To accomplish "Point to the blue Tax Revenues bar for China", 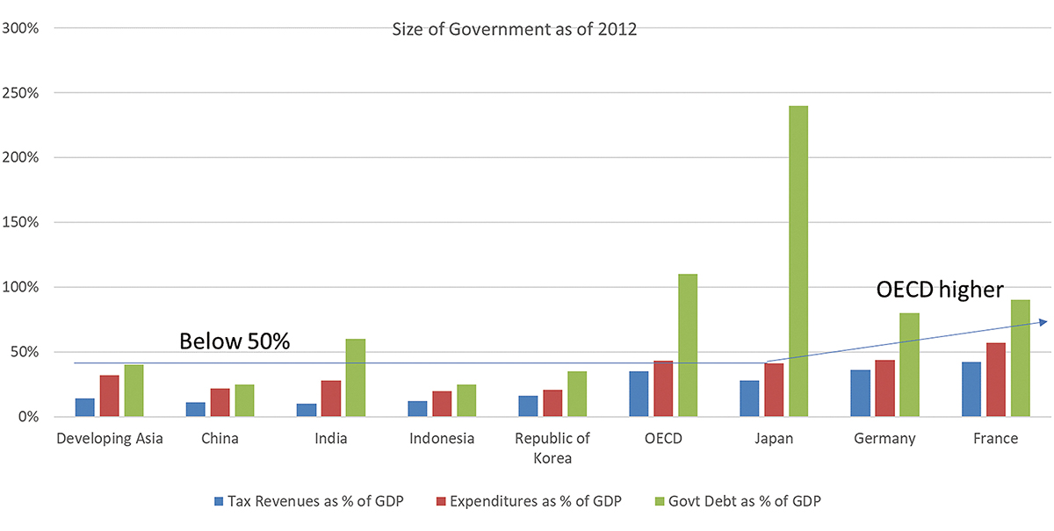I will (196, 409).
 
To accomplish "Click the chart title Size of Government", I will (515, 30).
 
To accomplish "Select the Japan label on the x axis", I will (774, 439).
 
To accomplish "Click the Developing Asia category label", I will (109, 439).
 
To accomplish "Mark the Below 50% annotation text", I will (235, 342).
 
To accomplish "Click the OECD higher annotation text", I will (940, 290).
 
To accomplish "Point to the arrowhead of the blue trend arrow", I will (1042, 322).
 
